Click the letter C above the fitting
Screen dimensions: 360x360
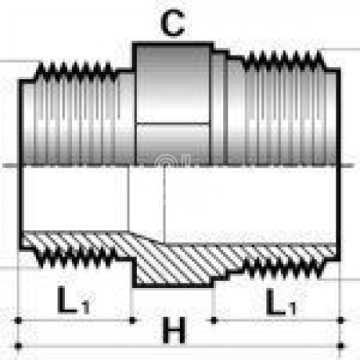click(x=173, y=23)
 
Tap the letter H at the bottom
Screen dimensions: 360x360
click(x=174, y=330)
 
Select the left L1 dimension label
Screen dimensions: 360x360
click(x=73, y=300)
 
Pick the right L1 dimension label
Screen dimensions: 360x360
click(x=281, y=302)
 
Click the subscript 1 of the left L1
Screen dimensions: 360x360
click(x=85, y=307)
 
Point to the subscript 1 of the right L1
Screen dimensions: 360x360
click(x=292, y=309)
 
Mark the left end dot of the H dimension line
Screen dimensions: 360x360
click(x=18, y=346)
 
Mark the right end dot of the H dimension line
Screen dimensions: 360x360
click(x=341, y=346)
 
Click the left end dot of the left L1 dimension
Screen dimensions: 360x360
click(x=18, y=320)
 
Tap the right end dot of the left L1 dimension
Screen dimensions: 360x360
click(x=132, y=320)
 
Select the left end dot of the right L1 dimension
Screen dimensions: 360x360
click(x=214, y=320)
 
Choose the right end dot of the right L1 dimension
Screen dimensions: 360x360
click(x=341, y=320)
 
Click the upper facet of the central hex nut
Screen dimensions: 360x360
click(x=173, y=84)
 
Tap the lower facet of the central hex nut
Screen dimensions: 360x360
click(x=173, y=145)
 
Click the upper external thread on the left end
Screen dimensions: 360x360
click(x=76, y=70)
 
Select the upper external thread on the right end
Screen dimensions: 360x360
click(x=283, y=59)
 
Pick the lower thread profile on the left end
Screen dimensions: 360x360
click(x=76, y=258)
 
